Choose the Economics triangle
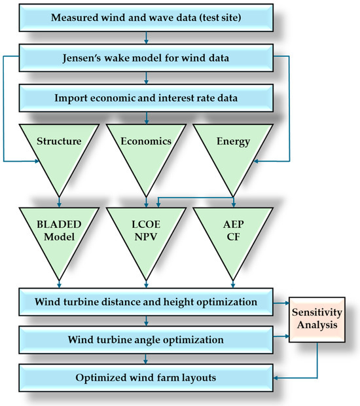tap(147, 147)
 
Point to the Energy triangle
tap(234, 147)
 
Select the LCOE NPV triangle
tap(147, 232)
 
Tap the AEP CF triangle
tap(234, 232)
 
